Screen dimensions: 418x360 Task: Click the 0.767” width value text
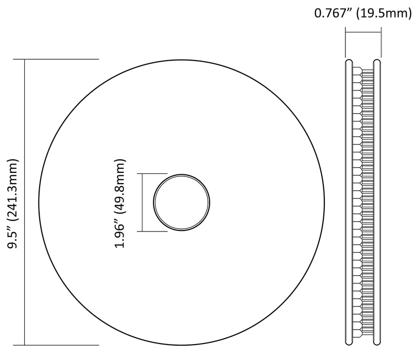tap(334, 13)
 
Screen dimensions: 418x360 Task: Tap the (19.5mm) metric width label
tap(384, 13)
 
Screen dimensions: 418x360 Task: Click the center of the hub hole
tap(182, 202)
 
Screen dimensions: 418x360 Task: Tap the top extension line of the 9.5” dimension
tap(56, 59)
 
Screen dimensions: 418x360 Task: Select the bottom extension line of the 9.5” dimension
tap(56, 345)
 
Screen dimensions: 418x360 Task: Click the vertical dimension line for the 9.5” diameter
tap(25, 202)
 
